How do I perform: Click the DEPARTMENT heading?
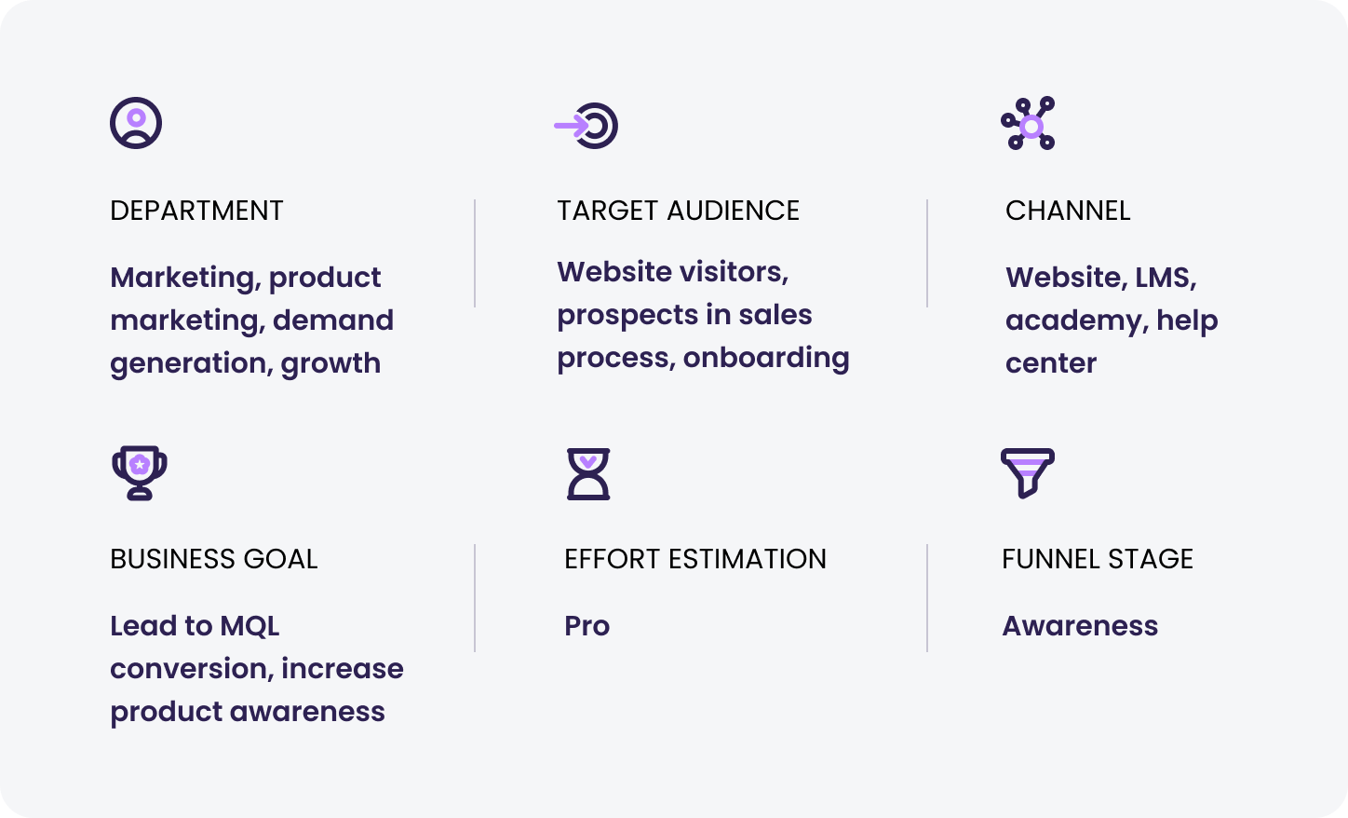point(196,211)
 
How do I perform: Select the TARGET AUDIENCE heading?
point(679,211)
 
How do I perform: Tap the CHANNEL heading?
point(1068,211)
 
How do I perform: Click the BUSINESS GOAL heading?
point(213,559)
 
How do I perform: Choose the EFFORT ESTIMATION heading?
point(695,559)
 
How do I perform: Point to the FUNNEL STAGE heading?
point(1098,559)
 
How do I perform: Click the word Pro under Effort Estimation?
point(587,626)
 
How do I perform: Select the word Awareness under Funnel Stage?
point(1080,626)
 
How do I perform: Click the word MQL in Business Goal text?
point(249,627)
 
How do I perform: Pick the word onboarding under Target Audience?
point(766,359)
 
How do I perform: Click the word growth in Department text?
point(330,364)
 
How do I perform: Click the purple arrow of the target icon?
point(571,126)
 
